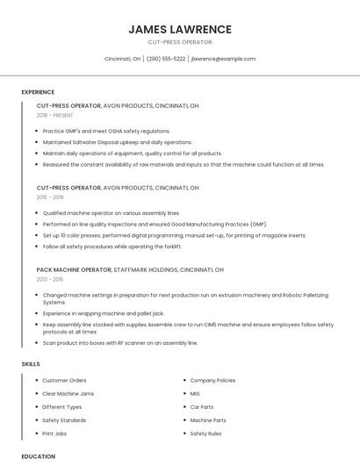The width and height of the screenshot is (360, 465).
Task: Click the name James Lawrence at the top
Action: [179, 29]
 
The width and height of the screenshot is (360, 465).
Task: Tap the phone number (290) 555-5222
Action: [166, 59]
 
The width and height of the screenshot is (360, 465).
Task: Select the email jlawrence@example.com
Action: [223, 59]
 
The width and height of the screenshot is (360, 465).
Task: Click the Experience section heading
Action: [38, 92]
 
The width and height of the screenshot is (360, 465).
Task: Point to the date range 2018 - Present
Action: [55, 115]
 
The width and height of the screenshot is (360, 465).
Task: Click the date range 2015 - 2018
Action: [50, 197]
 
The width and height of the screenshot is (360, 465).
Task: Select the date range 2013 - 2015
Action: [50, 279]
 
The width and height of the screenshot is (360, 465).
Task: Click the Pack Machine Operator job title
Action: [74, 269]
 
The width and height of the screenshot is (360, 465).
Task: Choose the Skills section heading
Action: [30, 363]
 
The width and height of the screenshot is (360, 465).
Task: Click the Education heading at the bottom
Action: [39, 456]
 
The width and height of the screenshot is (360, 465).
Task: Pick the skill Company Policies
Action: [212, 381]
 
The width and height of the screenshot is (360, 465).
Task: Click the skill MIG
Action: [196, 394]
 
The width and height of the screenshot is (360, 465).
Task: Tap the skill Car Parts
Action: [202, 407]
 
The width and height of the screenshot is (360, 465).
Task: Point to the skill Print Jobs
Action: [54, 433]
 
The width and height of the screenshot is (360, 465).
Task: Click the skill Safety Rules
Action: [205, 433]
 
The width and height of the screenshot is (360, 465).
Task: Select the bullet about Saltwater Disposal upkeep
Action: [118, 142]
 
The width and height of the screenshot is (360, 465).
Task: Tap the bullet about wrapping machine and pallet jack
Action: [92, 313]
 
